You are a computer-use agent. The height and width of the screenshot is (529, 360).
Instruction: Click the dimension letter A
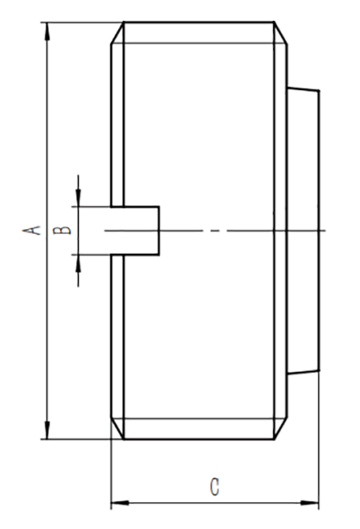(31, 230)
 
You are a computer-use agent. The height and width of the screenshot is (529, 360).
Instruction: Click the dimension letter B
(62, 230)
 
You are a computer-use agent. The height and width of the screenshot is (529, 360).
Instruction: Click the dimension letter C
(214, 487)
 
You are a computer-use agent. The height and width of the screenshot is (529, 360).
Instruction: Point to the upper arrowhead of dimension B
(78, 198)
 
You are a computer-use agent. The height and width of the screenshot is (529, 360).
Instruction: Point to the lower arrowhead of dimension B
(78, 263)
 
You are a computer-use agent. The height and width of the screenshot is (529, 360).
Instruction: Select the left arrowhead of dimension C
(120, 503)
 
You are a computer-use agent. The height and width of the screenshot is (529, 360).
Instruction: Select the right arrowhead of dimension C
(310, 503)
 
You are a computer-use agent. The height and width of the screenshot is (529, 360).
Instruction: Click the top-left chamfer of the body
(117, 33)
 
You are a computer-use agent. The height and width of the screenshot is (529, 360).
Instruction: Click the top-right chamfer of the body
(281, 33)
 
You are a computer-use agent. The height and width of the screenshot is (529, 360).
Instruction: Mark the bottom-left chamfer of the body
(117, 428)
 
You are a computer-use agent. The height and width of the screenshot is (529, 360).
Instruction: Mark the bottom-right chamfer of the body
(281, 428)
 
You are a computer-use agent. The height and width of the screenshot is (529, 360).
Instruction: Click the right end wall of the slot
(159, 230)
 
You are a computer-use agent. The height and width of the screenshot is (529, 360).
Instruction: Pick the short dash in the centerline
(215, 231)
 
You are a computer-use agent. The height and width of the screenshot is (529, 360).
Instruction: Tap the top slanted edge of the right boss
(303, 89)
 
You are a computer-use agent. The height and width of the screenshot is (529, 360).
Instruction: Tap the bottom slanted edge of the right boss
(303, 372)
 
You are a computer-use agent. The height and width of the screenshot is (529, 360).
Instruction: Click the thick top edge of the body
(199, 22)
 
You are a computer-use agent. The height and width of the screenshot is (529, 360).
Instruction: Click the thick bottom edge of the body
(199, 439)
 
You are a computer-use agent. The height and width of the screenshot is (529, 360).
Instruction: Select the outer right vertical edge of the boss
(319, 230)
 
